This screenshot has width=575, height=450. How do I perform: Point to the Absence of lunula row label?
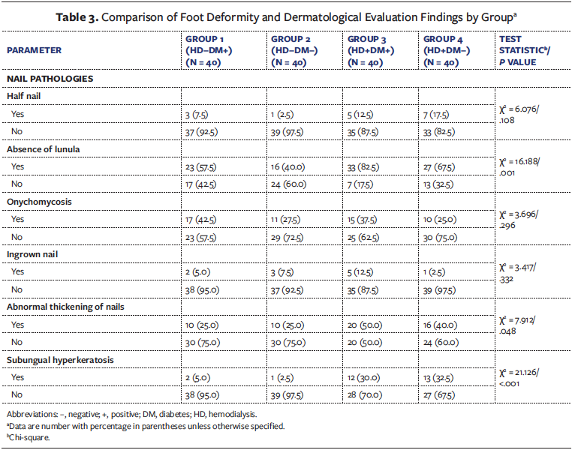click(44, 149)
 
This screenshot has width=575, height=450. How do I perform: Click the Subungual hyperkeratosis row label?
click(60, 359)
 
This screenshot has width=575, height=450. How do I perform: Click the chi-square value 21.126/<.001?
click(524, 376)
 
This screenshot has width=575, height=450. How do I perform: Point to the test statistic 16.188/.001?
click(524, 166)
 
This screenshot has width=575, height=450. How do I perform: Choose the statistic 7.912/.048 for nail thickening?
click(524, 324)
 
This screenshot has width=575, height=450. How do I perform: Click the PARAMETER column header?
click(35, 50)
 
